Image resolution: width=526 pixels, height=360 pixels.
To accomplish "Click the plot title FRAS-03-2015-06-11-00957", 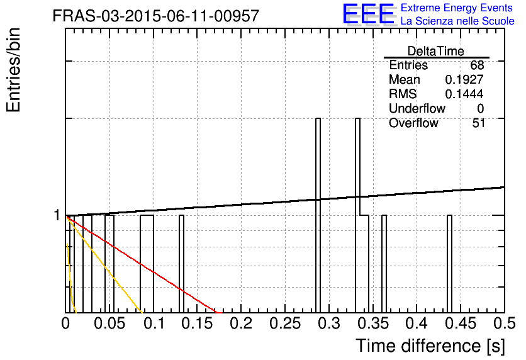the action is point(156,16).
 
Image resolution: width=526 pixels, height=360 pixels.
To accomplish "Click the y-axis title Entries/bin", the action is point(13,70).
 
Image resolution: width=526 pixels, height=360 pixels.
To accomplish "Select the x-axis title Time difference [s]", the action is point(430,346).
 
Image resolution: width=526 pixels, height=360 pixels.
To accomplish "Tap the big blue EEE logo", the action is point(369,14).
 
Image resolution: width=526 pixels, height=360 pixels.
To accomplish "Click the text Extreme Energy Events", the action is point(457,8).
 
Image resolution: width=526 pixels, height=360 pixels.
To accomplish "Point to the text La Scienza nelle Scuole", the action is point(457,21).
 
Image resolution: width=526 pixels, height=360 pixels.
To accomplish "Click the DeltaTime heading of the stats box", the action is point(436,51).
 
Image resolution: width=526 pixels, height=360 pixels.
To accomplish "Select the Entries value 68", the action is point(477,65).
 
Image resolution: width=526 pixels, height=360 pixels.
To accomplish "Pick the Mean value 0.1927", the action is point(464,79).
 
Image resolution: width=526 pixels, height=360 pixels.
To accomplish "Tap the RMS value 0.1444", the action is point(464,94).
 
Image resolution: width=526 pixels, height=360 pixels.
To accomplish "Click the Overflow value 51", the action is point(478,123).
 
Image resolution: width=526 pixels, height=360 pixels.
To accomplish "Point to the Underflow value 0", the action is point(480,108).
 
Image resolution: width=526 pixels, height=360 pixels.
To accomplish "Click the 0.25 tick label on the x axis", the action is point(285,323).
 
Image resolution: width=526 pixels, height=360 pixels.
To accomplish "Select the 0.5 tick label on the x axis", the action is point(504,323).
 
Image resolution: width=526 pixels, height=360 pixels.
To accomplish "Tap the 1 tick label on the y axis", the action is point(57,215).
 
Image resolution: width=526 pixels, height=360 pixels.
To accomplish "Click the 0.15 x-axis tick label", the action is point(197,323).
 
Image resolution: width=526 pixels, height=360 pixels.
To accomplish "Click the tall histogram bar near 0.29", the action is point(318,215).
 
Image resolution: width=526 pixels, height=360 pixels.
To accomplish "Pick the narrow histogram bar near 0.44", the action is point(449,264).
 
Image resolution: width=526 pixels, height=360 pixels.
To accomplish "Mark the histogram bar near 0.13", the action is point(181,264).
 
